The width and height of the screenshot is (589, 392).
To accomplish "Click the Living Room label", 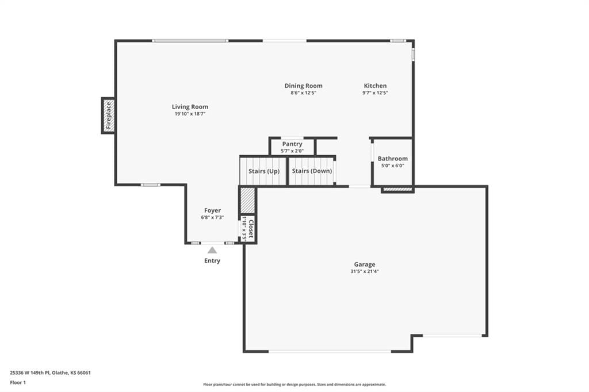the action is pyautogui.click(x=190, y=107).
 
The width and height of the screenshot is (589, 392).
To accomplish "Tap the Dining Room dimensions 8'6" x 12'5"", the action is pyautogui.click(x=304, y=93).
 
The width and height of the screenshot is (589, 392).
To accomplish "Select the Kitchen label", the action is pyautogui.click(x=375, y=86).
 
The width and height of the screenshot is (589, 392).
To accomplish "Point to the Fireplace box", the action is pyautogui.click(x=108, y=116).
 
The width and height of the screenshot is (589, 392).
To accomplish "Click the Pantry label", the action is pyautogui.click(x=292, y=144).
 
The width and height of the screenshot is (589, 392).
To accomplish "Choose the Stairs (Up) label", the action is pyautogui.click(x=264, y=171).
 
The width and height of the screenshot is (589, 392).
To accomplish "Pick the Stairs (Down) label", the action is pyautogui.click(x=312, y=171).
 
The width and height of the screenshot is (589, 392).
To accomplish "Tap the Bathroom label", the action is pyautogui.click(x=392, y=159).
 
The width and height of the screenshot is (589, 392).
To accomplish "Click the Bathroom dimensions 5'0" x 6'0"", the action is pyautogui.click(x=393, y=166).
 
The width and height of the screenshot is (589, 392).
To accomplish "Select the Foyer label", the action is pyautogui.click(x=213, y=210).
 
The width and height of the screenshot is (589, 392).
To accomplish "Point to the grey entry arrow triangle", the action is pyautogui.click(x=212, y=250).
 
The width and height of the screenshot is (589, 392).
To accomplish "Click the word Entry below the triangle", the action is pyautogui.click(x=212, y=260).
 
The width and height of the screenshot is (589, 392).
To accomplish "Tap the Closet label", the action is pyautogui.click(x=251, y=229).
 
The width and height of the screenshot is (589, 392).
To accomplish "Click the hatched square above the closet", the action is pyautogui.click(x=247, y=201).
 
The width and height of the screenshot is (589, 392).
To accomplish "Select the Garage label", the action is pyautogui.click(x=364, y=264).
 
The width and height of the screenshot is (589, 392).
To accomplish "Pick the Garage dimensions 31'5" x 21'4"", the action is pyautogui.click(x=364, y=271).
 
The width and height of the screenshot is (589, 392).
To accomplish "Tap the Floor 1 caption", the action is pyautogui.click(x=18, y=383).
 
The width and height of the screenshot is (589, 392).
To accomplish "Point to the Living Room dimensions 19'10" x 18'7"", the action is pyautogui.click(x=190, y=114).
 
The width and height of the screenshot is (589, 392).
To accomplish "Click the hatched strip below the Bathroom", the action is pyautogui.click(x=397, y=190).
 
